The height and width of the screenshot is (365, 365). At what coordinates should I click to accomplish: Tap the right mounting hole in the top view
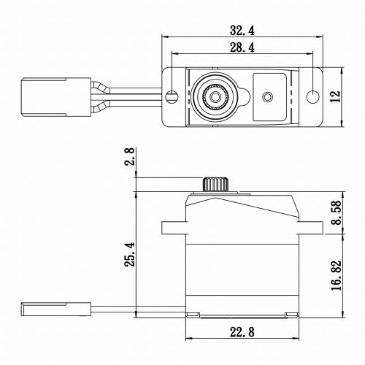click(x=312, y=96)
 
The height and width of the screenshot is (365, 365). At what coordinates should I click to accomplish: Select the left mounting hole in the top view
click(x=172, y=96)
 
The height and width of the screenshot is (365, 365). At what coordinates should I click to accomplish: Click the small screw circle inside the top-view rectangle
click(x=267, y=96)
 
